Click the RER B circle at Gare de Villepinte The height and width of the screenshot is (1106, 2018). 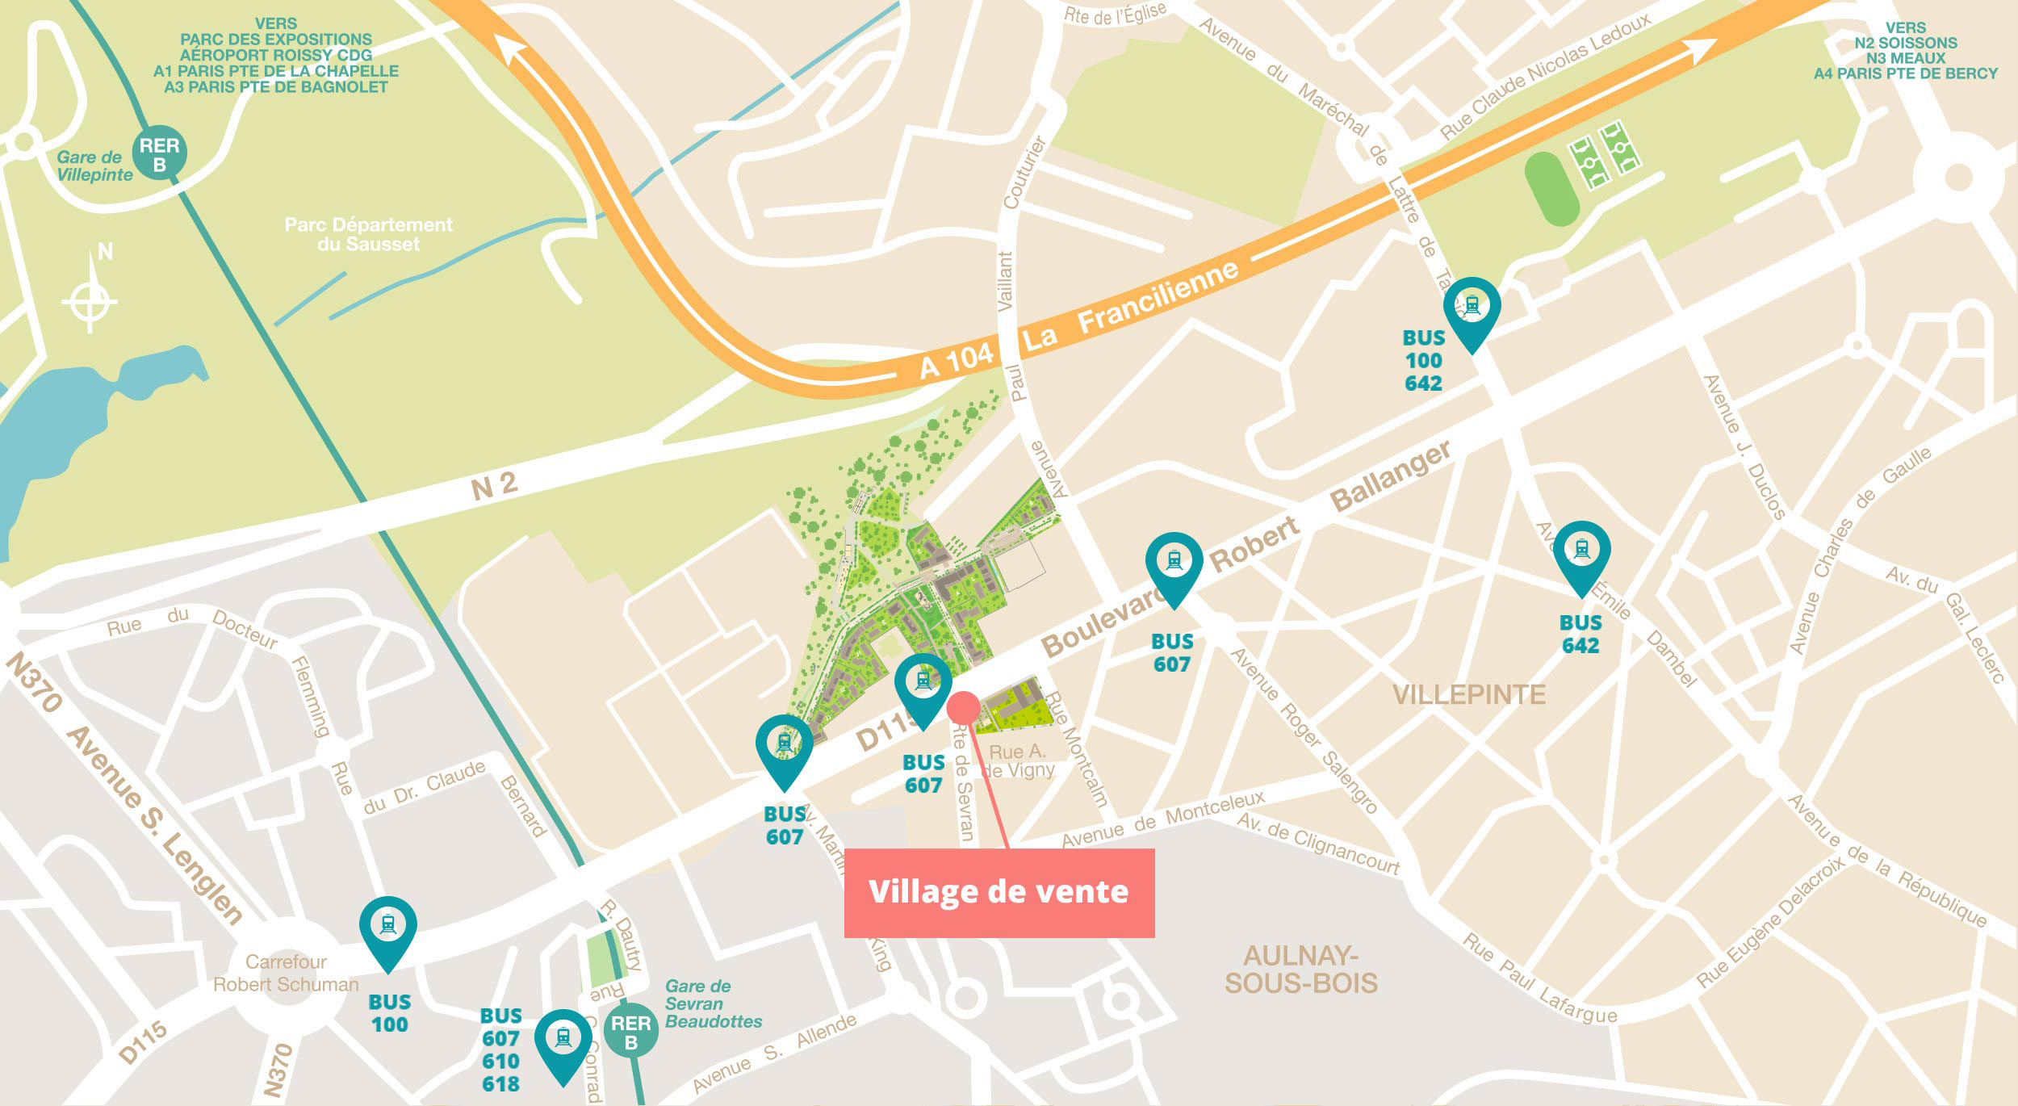(x=159, y=153)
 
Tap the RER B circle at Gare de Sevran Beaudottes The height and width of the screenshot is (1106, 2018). (x=630, y=1031)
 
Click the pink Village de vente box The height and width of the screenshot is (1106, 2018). (x=999, y=893)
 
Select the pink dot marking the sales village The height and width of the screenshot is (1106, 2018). (x=963, y=707)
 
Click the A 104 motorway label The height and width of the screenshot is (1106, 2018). (x=957, y=360)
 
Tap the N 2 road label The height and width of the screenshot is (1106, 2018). (x=494, y=485)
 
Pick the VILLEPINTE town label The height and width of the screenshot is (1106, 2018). (x=1469, y=694)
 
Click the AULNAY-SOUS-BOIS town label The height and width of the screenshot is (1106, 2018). (x=1300, y=969)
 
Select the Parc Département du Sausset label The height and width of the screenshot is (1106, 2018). (x=368, y=234)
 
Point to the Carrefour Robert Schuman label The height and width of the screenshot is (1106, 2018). (x=286, y=973)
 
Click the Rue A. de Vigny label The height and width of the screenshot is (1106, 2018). (x=1018, y=760)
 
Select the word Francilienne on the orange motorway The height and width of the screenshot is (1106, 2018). (x=1158, y=296)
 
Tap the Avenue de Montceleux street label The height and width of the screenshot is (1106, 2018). (x=1162, y=820)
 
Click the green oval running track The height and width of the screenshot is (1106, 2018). (x=1551, y=189)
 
